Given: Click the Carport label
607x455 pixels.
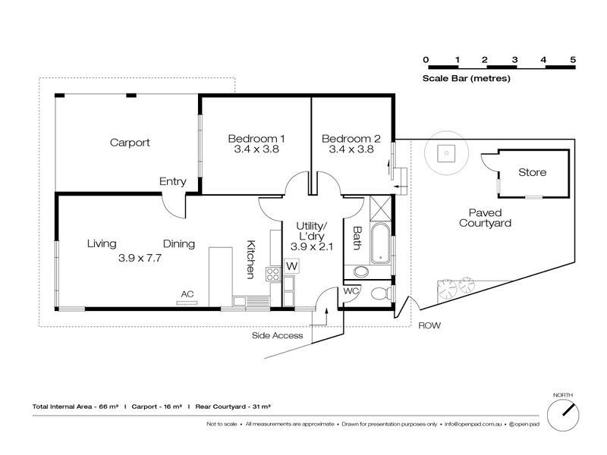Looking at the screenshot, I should tap(130, 143).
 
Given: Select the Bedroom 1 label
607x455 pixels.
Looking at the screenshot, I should tap(256, 139).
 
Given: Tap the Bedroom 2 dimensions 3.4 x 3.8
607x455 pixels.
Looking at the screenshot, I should tap(351, 150).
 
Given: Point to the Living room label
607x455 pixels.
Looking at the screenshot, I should tap(101, 244).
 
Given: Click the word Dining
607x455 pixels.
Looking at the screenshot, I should tap(179, 244).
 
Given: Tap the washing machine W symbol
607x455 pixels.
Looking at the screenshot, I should tap(291, 266).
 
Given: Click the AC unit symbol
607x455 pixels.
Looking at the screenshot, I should tap(187, 303).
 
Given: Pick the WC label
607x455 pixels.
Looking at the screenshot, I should tap(351, 291).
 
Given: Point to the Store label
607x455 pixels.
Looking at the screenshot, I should tap(532, 173).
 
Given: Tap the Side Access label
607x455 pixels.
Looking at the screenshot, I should tap(277, 335).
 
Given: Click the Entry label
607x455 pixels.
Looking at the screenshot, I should tap(172, 181).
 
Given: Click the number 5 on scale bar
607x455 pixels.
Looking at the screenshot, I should tap(573, 59).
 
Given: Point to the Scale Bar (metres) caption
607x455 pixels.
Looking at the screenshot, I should tap(466, 78).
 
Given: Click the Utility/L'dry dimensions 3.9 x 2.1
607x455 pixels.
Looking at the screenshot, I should tap(310, 247).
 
